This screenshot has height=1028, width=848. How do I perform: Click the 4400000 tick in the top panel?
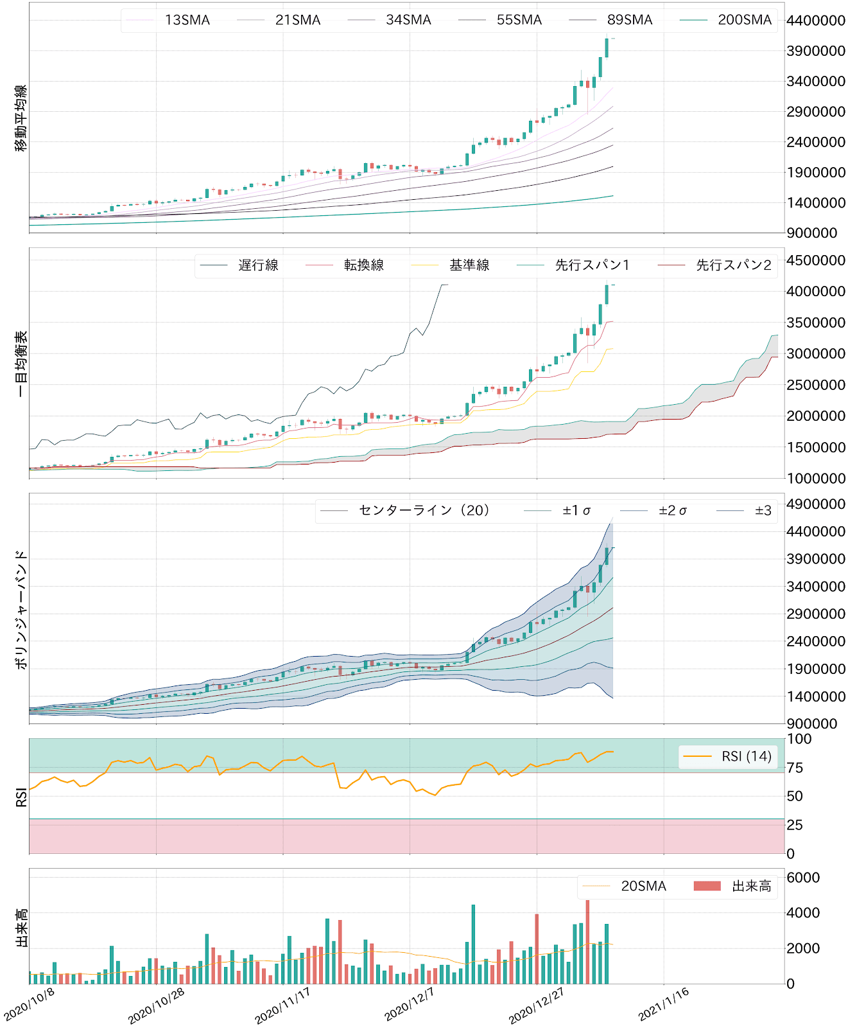click(x=815, y=21)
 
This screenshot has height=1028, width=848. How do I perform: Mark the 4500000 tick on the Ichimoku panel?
click(x=815, y=260)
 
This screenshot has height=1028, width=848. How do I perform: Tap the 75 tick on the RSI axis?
click(x=794, y=768)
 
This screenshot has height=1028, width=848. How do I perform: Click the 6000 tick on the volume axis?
click(x=802, y=878)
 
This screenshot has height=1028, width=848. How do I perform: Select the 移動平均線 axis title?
click(x=21, y=118)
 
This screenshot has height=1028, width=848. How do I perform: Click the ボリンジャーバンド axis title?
click(x=21, y=609)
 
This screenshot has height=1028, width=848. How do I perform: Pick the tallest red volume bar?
click(x=587, y=942)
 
